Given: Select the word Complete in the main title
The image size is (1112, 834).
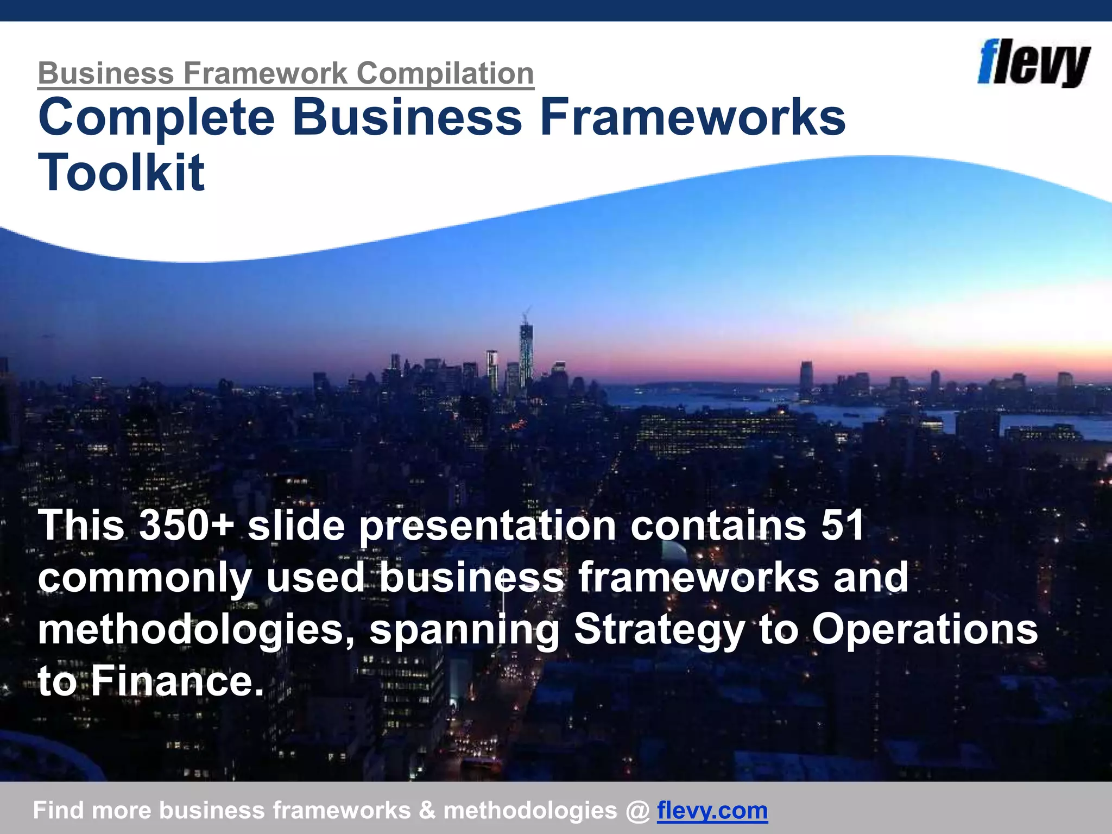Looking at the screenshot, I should coord(157,117).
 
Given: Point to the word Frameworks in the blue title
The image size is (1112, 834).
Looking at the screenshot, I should coord(692,117).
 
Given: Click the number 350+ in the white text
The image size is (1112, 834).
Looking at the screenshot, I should coord(186,525).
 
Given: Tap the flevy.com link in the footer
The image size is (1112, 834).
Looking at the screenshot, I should coord(712,810).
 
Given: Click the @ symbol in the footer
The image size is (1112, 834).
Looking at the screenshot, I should coord(637,810).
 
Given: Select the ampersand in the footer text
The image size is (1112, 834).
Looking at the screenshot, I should coord(427,810).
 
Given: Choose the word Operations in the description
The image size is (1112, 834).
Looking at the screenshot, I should coord(925,629).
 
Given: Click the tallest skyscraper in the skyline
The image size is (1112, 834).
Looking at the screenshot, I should coord(526,353).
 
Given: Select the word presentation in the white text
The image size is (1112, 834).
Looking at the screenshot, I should coord(488,525).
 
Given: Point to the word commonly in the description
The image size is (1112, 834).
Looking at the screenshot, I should coord(145,577).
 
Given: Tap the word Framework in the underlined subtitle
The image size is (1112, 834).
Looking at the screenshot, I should coord(266,73).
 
